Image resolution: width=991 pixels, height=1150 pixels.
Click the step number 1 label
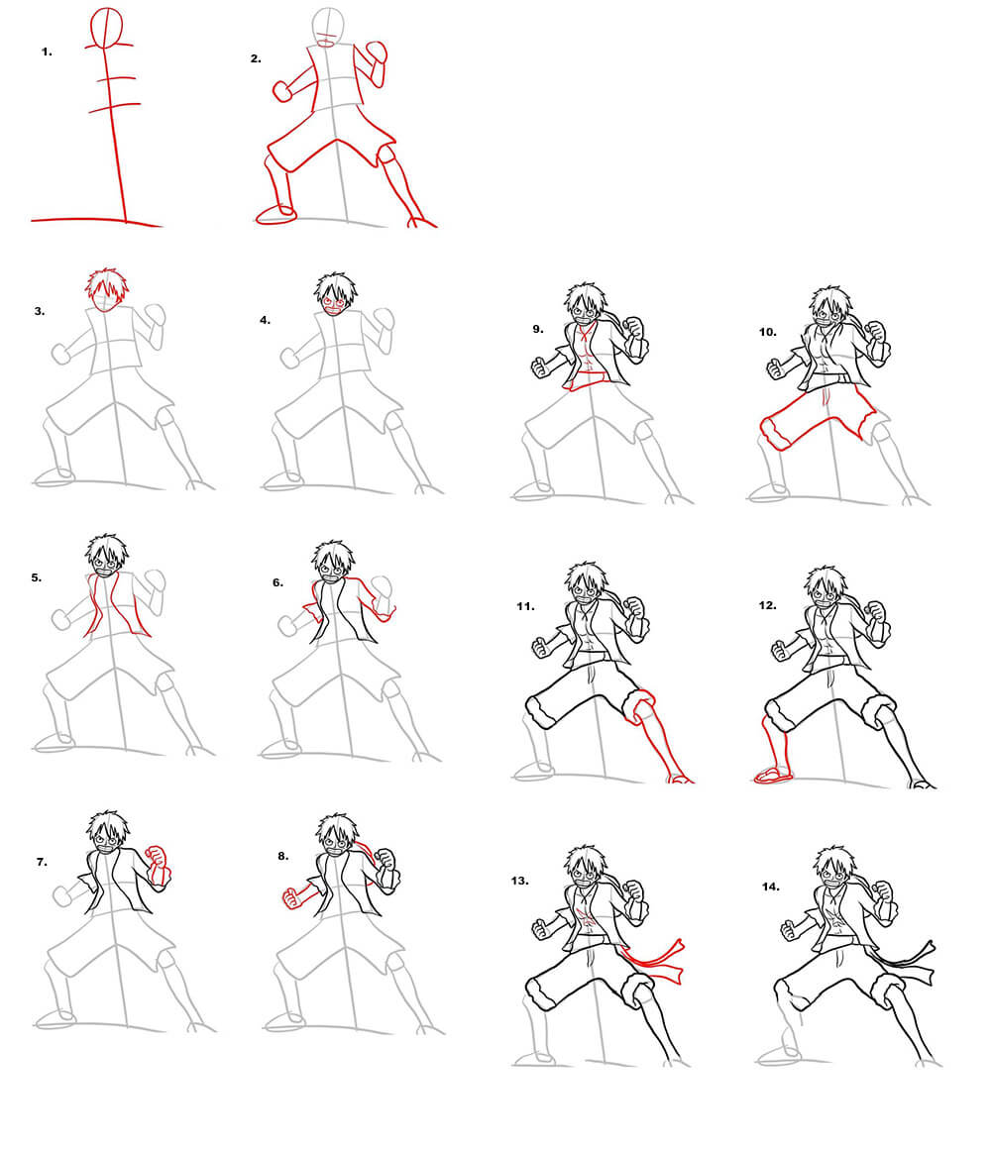click(47, 52)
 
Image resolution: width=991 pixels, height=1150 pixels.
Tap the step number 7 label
click(42, 862)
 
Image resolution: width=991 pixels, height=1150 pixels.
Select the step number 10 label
click(767, 332)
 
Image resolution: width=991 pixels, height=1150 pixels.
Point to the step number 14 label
click(770, 887)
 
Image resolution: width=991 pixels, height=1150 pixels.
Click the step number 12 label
click(767, 606)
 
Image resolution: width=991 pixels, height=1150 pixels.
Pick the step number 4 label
click(265, 320)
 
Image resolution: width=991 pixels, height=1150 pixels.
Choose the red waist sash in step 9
click(587, 380)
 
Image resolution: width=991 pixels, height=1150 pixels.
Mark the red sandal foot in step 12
click(774, 775)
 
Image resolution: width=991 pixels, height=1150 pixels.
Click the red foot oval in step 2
click(275, 213)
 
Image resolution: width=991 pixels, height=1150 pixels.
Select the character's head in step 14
click(836, 866)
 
